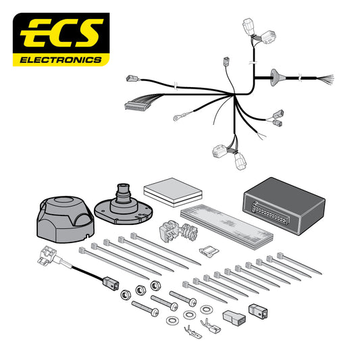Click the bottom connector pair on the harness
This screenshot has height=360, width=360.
[230, 153]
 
